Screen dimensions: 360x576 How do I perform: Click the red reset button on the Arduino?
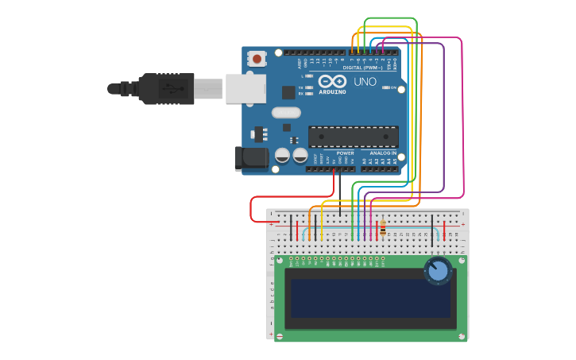click(257, 58)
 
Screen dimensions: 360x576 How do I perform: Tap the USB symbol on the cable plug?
click(169, 88)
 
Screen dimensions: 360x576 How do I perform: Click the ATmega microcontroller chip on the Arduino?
click(353, 137)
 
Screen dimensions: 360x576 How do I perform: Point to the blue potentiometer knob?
click(438, 271)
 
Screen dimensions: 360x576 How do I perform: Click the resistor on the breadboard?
click(384, 228)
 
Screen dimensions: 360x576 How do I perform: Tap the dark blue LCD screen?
click(370, 298)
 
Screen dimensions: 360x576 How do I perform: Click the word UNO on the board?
click(365, 82)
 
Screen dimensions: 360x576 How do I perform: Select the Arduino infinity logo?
click(331, 81)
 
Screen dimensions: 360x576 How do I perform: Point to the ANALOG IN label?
click(381, 153)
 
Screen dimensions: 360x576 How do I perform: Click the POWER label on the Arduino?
click(345, 153)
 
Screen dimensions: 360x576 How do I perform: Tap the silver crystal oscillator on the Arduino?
click(286, 112)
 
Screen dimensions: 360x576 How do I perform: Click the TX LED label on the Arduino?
click(301, 87)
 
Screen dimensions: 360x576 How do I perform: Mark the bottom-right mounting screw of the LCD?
click(462, 337)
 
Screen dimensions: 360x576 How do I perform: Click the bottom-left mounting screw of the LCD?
click(279, 337)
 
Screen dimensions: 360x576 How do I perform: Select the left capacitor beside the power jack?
click(282, 156)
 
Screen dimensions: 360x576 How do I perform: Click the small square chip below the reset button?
click(288, 92)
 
